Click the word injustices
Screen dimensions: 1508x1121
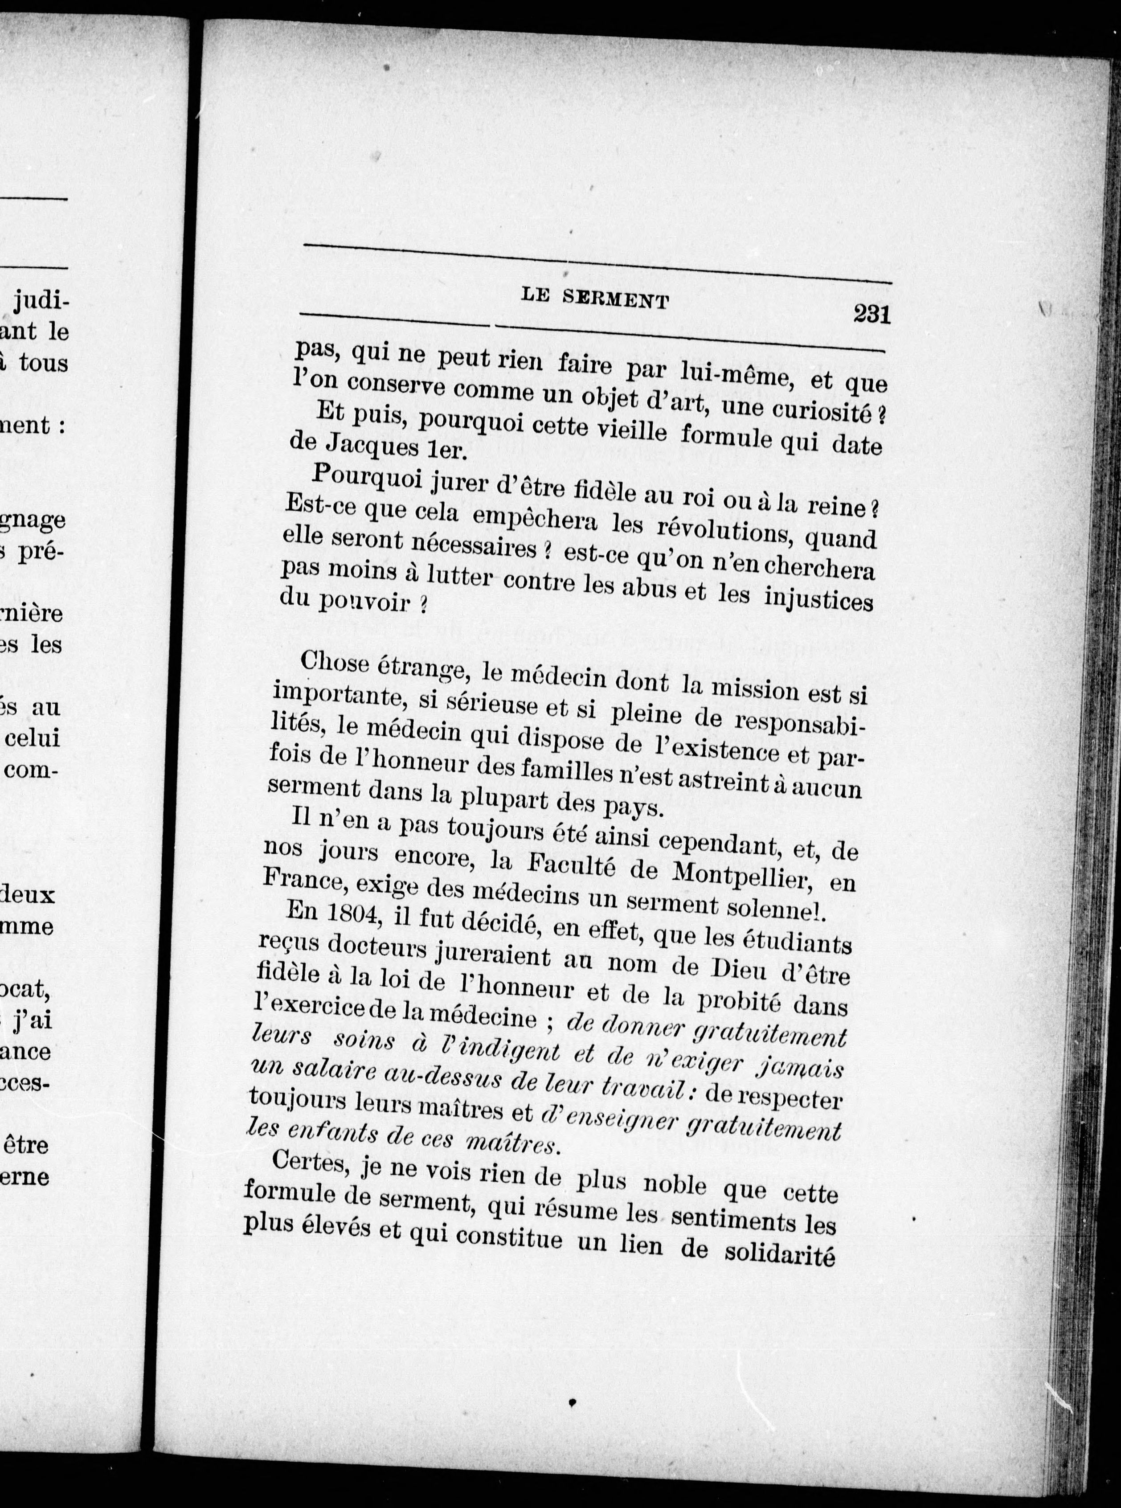(x=818, y=600)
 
